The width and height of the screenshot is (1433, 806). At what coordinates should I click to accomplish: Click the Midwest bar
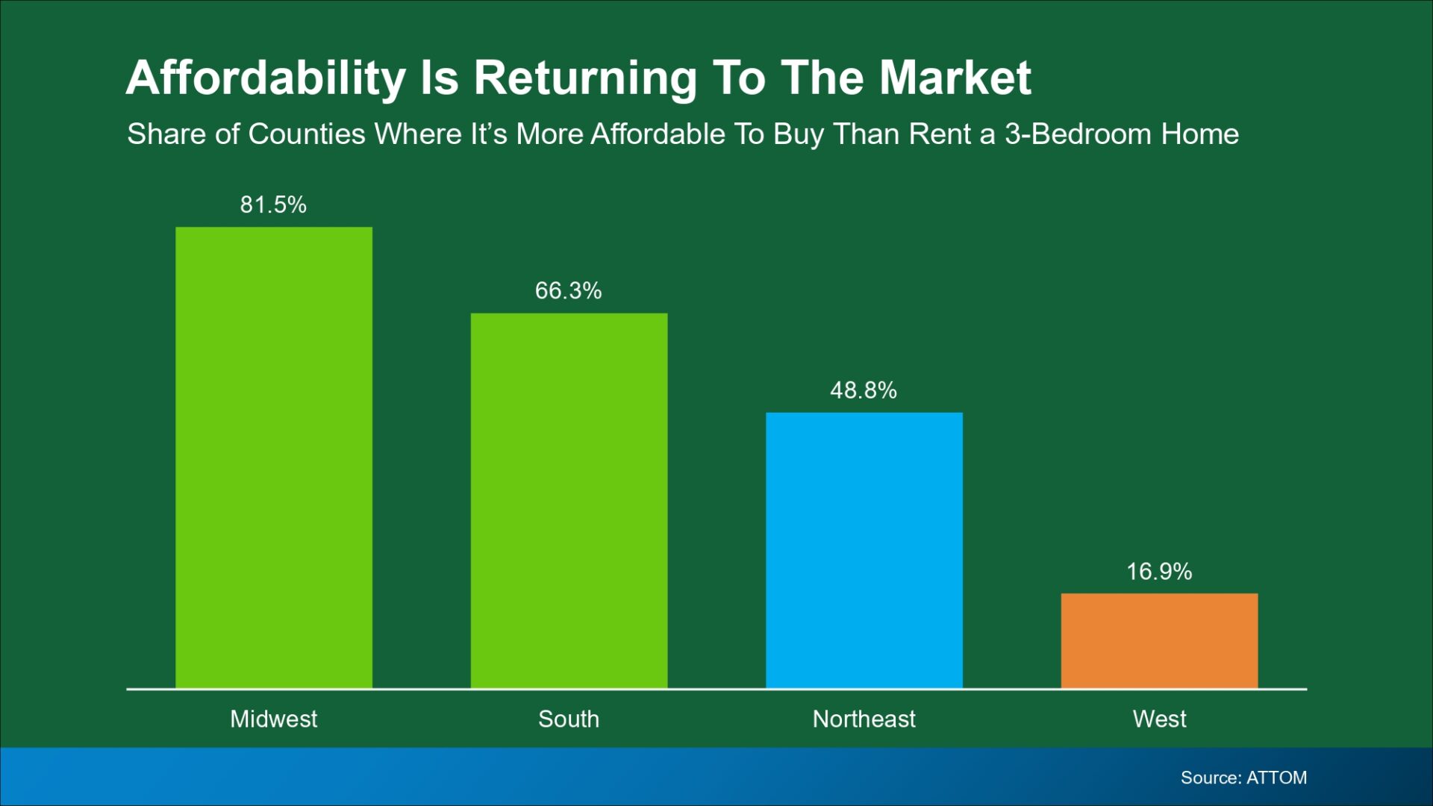(273, 457)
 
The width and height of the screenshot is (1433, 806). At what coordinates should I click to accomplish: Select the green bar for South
(569, 500)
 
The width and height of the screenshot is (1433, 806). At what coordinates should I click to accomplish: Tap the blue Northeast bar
(864, 550)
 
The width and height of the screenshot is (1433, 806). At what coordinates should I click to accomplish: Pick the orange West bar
(1159, 640)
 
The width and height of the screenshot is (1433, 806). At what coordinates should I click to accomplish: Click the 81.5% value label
(273, 204)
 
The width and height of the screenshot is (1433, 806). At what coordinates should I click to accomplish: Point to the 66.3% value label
(568, 290)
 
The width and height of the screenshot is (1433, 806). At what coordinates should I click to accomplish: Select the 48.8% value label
(864, 390)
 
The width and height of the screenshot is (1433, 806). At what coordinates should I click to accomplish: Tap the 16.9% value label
(1159, 572)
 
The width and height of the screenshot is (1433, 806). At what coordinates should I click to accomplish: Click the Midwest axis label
(273, 719)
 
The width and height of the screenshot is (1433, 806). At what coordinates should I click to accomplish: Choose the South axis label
(569, 719)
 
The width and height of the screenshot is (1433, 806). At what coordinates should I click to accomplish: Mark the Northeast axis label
(864, 719)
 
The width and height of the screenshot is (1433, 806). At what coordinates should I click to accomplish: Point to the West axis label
(1159, 719)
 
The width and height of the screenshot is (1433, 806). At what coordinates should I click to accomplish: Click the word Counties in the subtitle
(307, 134)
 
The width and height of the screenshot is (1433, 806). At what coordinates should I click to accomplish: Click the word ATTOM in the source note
(1276, 778)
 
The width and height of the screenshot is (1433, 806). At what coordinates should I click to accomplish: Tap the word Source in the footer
(1209, 778)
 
